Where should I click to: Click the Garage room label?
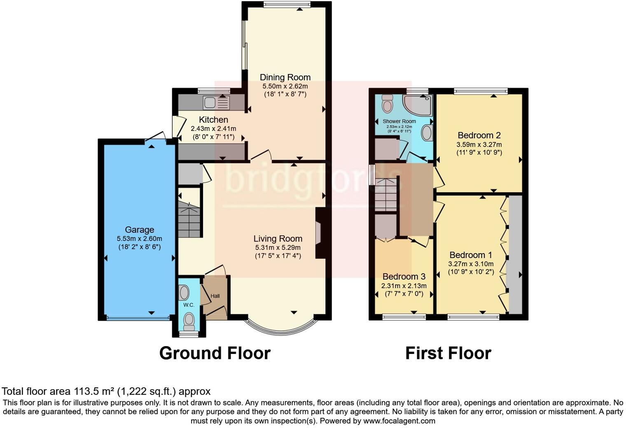coord(139,230)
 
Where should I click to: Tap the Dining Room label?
coord(285,77)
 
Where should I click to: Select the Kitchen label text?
coord(213,120)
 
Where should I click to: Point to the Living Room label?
coord(278,239)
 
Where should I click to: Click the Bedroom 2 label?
coord(479,135)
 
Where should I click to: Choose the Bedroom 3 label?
coord(404,277)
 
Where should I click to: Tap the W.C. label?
coord(189,305)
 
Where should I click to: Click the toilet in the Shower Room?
coord(387,104)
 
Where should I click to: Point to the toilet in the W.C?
coord(189,321)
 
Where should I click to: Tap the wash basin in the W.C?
coord(184,293)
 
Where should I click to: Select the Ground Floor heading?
coord(215,353)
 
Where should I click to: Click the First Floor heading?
coord(448,353)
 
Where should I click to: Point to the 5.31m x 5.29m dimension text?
coord(278,248)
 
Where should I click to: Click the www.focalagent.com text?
coord(399,421)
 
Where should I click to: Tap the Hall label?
coord(215,296)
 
